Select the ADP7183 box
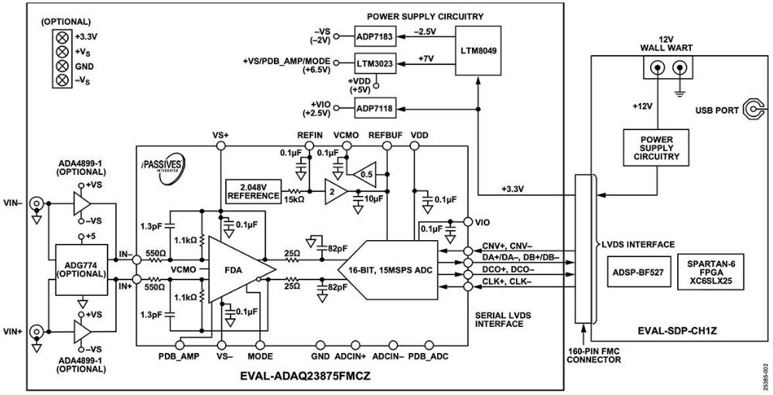[376, 36]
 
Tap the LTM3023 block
[376, 60]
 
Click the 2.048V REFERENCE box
[254, 191]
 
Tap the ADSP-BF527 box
[638, 272]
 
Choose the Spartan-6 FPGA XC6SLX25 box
[711, 272]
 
